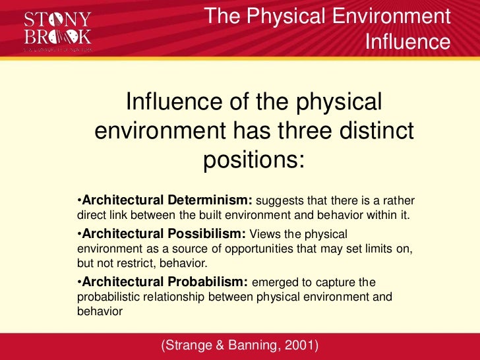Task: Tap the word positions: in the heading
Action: point(254,159)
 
